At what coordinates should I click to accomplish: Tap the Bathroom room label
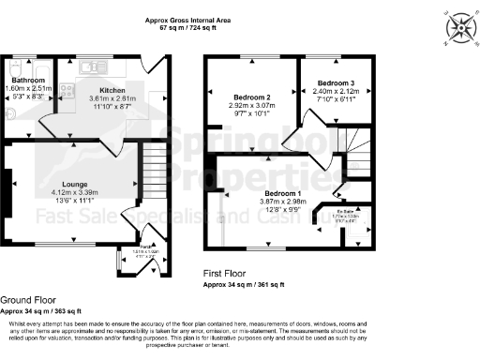pos(21,81)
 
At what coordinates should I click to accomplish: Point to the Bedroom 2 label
pos(250,97)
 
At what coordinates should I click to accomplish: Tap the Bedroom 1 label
pos(281,192)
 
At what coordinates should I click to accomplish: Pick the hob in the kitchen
pos(67,90)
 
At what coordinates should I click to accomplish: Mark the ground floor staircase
pos(149,170)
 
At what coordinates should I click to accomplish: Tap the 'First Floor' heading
pos(226,274)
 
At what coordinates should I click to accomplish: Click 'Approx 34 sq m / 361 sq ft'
pos(246,283)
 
